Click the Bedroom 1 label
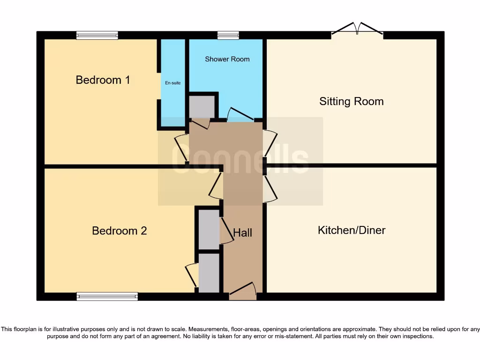103,80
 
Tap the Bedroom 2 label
119,231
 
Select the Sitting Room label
351,101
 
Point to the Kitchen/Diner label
352,230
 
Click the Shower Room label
227,59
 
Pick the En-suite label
172,83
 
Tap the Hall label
243,232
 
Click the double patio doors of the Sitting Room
357,30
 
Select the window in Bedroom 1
97,35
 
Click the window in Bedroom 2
107,296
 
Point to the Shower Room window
228,35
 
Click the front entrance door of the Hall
243,292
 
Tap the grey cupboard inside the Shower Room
202,107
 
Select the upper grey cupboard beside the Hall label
209,230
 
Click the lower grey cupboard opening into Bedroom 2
209,273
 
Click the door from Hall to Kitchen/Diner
270,189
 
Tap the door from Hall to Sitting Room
270,143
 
